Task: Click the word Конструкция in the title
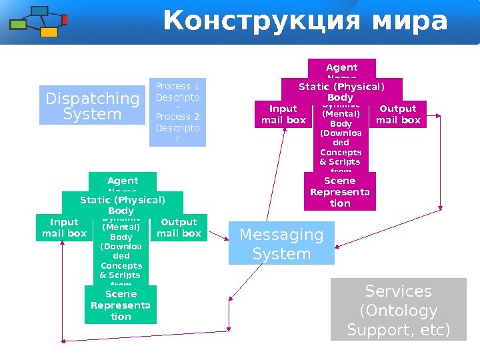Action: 254,21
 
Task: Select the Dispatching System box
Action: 92,106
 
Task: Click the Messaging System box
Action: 281,244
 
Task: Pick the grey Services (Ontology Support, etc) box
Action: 399,310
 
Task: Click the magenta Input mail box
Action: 283,114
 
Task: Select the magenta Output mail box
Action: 398,114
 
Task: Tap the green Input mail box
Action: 64,227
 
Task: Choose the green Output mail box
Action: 179,227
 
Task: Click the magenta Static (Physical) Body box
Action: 341,91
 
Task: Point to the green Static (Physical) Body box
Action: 122,205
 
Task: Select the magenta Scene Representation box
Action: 340,191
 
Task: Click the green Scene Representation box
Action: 121,305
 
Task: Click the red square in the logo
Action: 65,20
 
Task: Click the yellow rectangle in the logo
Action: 49,32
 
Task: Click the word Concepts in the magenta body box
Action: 340,152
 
